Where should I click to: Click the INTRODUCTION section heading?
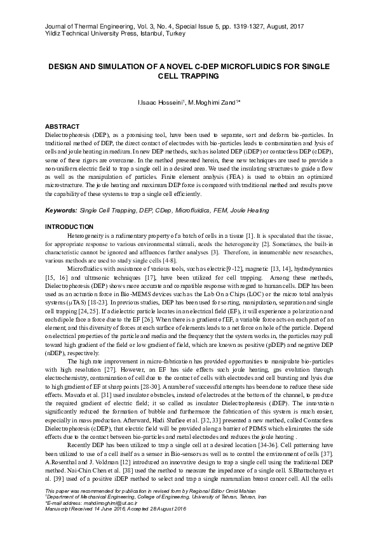tap(69, 227)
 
